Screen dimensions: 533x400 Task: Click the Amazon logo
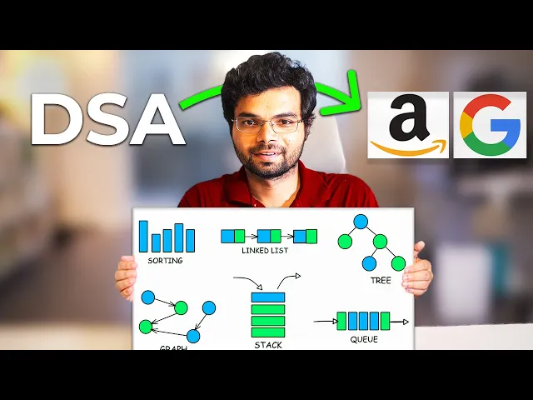point(408,125)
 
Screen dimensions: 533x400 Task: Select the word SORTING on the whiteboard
point(165,260)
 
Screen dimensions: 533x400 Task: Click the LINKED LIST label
point(266,251)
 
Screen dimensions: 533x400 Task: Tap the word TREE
point(380,280)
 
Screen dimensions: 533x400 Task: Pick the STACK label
point(268,344)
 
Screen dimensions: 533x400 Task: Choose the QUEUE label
point(364,339)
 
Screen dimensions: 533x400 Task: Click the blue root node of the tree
point(361,222)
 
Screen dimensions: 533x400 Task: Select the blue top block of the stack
point(268,297)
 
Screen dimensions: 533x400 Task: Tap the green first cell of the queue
point(341,321)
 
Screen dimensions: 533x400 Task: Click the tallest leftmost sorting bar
point(143,236)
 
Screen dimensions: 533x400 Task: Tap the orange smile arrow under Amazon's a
point(408,149)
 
